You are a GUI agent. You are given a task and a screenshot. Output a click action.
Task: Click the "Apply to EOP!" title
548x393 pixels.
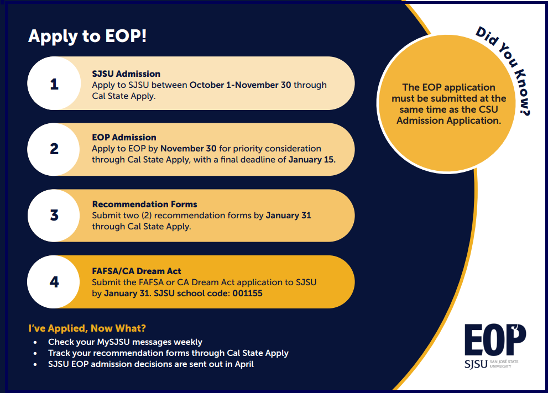tap(87, 36)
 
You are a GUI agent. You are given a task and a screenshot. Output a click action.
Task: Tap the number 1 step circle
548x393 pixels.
tap(54, 84)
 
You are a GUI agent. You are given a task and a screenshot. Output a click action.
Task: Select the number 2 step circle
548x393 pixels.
tap(54, 149)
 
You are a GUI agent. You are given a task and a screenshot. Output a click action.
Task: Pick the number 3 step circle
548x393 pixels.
tap(54, 215)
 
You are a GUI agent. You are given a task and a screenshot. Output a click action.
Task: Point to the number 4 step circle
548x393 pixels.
tap(54, 281)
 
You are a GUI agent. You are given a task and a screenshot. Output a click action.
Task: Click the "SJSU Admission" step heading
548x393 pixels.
tap(126, 74)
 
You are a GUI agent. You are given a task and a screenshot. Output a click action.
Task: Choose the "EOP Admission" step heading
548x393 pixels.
tap(124, 137)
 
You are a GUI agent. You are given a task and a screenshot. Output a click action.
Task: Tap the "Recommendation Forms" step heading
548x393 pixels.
tap(144, 204)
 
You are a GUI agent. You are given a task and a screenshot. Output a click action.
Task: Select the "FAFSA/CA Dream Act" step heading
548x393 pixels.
tap(137, 271)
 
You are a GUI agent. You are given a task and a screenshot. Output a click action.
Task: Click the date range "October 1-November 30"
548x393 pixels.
tap(240, 85)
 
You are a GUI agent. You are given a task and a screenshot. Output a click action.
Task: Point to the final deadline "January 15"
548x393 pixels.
tap(311, 160)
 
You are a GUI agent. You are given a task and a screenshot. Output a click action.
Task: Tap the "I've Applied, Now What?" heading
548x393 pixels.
tap(87, 328)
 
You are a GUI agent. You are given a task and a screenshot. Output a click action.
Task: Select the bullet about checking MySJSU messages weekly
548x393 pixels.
tap(125, 342)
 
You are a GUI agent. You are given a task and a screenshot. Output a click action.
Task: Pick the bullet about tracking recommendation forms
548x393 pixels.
tap(168, 353)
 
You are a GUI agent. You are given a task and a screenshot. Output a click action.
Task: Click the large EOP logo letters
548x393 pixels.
tap(495, 341)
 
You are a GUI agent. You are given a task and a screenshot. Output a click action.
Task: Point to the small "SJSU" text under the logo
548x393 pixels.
tap(476, 364)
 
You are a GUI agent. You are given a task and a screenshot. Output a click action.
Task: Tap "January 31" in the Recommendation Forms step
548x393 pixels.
tap(288, 215)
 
